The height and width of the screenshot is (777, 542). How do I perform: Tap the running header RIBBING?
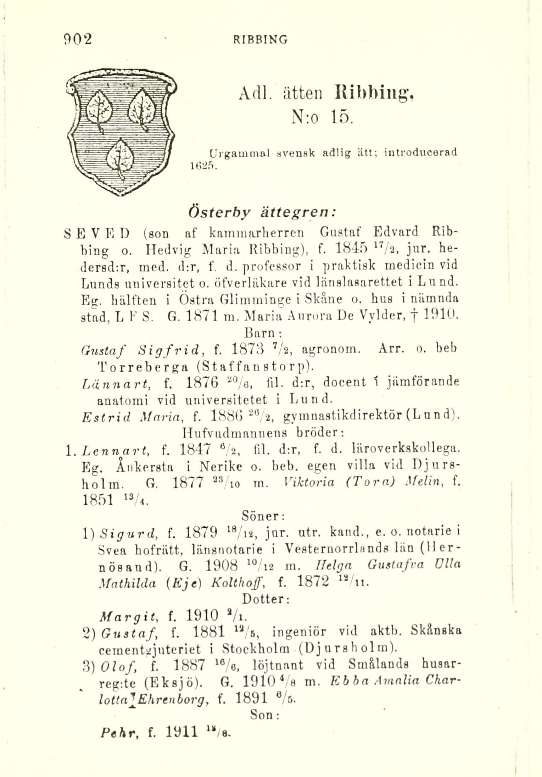[x=260, y=39]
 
